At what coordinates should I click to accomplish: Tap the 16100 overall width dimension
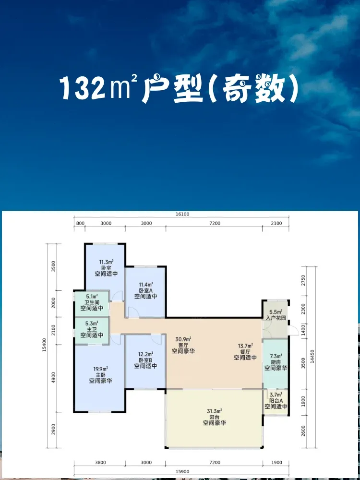182,214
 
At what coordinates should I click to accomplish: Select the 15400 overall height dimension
44,345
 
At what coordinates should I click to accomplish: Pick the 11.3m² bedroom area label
106,262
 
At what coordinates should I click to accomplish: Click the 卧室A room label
146,290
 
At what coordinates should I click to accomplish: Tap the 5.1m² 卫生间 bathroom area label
92,296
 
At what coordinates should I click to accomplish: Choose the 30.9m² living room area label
183,339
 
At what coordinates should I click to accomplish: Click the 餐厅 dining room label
245,351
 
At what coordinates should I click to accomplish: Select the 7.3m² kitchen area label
276,356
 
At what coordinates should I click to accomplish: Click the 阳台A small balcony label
276,401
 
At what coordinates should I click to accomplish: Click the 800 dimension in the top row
79,224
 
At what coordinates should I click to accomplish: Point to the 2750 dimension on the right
304,280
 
